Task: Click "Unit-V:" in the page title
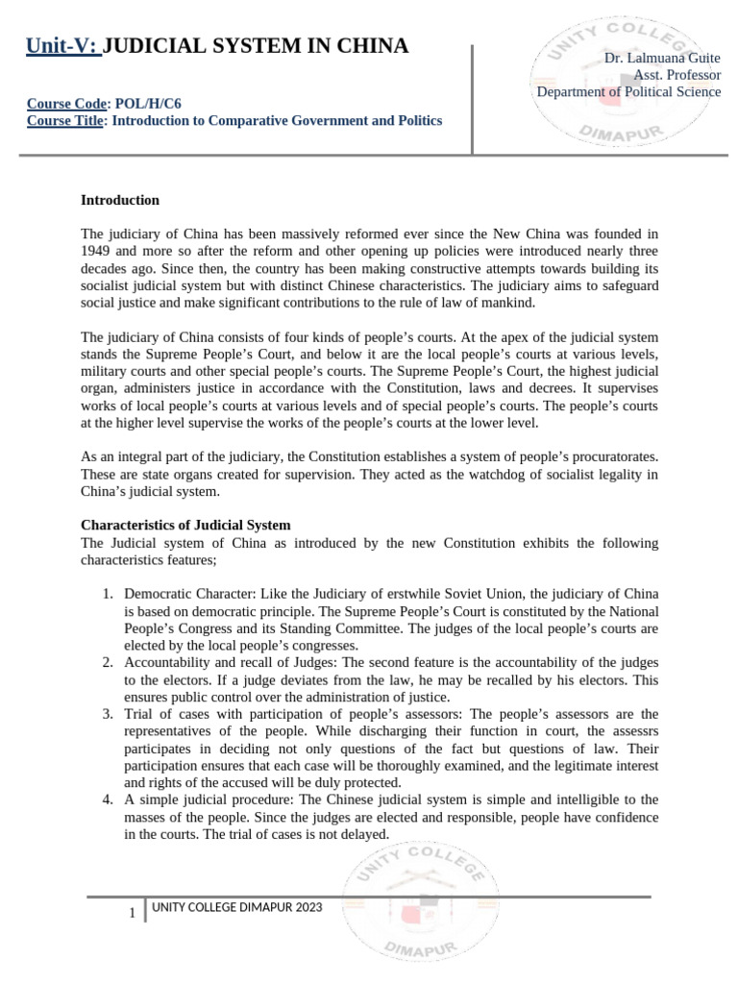[x=62, y=45]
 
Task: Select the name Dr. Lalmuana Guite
[x=662, y=59]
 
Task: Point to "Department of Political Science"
[x=628, y=91]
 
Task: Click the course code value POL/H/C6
[x=149, y=104]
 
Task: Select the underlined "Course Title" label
[x=64, y=120]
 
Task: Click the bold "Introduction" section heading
[x=119, y=200]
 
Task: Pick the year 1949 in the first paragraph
[x=97, y=250]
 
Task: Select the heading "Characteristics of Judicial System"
[x=185, y=526]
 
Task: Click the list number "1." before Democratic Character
[x=109, y=595]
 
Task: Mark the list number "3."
[x=109, y=714]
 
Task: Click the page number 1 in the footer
[x=132, y=912]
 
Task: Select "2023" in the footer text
[x=308, y=907]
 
